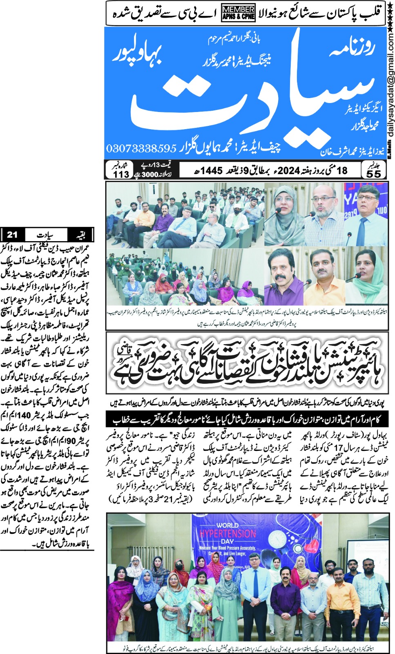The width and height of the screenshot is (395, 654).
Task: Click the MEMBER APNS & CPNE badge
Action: (x=238, y=13)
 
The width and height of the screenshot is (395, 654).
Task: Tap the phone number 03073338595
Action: (x=141, y=148)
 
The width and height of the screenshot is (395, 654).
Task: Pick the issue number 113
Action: (x=121, y=175)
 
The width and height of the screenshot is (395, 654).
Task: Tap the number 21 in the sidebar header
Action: (x=12, y=235)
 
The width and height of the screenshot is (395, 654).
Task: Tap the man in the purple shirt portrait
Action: (x=284, y=278)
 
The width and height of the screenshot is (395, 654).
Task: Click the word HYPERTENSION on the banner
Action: (x=228, y=534)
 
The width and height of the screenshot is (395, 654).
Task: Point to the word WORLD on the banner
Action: (x=228, y=525)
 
